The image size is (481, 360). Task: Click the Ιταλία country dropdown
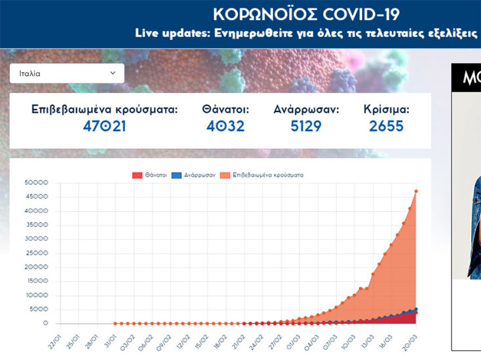pyautogui.click(x=67, y=73)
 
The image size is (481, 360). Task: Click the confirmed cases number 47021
pyautogui.click(x=104, y=126)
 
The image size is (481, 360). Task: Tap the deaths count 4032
pyautogui.click(x=225, y=126)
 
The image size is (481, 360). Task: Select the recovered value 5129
pyautogui.click(x=306, y=126)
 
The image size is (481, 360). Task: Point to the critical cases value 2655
pyautogui.click(x=386, y=126)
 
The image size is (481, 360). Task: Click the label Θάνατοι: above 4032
pyautogui.click(x=225, y=110)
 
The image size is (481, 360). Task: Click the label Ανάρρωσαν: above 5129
pyautogui.click(x=306, y=110)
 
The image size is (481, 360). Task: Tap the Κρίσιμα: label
pyautogui.click(x=386, y=110)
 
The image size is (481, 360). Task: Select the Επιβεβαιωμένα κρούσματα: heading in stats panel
pyautogui.click(x=104, y=110)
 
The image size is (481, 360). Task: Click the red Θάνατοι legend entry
pyautogui.click(x=149, y=175)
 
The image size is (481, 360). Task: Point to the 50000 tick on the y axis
pyautogui.click(x=36, y=183)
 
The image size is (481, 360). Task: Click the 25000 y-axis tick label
pyautogui.click(x=36, y=253)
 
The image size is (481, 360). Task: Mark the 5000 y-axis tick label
pyautogui.click(x=38, y=310)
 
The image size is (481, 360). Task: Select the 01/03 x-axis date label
pyautogui.click(x=292, y=342)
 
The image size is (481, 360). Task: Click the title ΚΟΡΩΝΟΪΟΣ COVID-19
pyautogui.click(x=306, y=14)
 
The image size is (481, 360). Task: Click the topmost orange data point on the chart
pyautogui.click(x=416, y=191)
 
